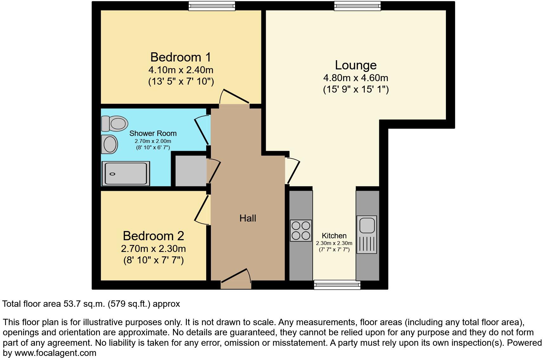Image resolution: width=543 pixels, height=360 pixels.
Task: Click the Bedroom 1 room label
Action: [x=180, y=57]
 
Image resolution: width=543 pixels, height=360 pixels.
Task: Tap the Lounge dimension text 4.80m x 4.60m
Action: [x=356, y=78]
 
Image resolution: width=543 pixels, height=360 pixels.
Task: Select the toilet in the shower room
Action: [x=114, y=123]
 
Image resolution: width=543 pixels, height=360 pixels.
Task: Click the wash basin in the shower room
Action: [x=109, y=144]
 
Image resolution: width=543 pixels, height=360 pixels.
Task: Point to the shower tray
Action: [x=126, y=174]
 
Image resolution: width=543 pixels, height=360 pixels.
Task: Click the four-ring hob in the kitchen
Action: [x=301, y=231]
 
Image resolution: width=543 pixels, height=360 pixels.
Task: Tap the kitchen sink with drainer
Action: [x=367, y=235]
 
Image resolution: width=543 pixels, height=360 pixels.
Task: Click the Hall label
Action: [x=248, y=218]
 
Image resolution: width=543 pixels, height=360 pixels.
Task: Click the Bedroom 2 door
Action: [x=202, y=209]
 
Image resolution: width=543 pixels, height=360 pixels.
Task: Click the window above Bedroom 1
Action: [x=212, y=6]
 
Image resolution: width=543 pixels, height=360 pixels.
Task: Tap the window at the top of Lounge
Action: [x=357, y=6]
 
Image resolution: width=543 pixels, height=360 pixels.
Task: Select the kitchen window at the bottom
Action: [x=337, y=285]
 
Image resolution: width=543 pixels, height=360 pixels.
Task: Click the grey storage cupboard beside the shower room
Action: [x=191, y=171]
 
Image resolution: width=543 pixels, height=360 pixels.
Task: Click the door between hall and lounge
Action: [x=292, y=171]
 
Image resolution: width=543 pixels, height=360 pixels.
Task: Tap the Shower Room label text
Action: [x=153, y=133]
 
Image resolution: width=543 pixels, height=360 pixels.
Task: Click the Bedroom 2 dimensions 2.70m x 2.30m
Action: [x=153, y=249]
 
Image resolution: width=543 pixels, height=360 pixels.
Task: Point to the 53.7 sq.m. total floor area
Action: [x=84, y=304]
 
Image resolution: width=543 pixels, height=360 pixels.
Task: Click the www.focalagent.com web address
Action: [x=55, y=353]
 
